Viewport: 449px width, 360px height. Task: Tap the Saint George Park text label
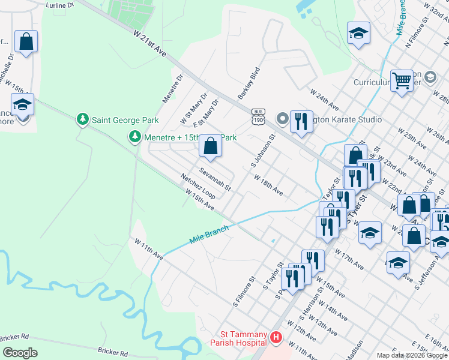pyautogui.click(x=125, y=120)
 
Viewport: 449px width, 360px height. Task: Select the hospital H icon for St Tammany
pyautogui.click(x=276, y=338)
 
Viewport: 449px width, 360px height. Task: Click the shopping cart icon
pyautogui.click(x=401, y=80)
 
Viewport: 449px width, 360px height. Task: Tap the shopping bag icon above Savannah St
pyautogui.click(x=211, y=145)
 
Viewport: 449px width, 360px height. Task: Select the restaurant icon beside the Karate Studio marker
pyautogui.click(x=301, y=121)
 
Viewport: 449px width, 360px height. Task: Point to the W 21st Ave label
pyautogui.click(x=149, y=44)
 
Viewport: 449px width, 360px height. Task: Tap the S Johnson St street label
pyautogui.click(x=262, y=151)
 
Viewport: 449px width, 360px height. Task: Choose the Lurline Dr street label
pyautogui.click(x=59, y=5)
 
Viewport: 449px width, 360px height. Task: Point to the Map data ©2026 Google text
pyautogui.click(x=412, y=355)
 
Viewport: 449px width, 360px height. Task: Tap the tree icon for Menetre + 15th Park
pyautogui.click(x=136, y=137)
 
